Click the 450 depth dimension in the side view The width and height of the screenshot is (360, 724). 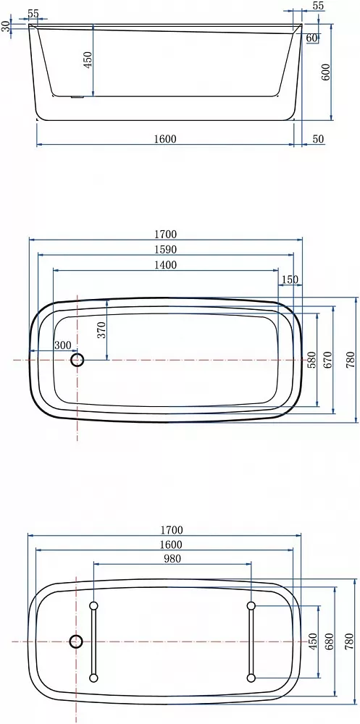88,59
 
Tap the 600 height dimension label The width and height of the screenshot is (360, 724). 325,72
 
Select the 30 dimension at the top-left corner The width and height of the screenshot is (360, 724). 6,26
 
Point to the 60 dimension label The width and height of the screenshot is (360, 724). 311,38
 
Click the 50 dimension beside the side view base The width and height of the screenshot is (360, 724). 319,139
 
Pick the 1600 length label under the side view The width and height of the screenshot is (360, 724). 165,139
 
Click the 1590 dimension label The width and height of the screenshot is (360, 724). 165,249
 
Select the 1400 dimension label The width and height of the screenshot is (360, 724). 165,264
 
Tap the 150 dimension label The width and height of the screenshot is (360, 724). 290,279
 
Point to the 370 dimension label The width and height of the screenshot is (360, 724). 101,329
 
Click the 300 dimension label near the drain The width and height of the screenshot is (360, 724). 62,345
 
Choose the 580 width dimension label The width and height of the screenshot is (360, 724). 311,360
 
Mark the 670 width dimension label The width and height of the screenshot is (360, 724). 327,360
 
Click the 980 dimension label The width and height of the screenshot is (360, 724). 172,559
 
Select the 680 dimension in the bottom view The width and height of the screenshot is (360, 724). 329,641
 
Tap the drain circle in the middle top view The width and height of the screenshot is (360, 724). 78,360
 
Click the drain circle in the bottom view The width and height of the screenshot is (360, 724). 76,641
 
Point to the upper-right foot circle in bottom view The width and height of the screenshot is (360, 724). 251,605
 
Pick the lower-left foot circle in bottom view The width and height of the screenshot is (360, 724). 93,678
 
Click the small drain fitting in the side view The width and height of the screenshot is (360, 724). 76,97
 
